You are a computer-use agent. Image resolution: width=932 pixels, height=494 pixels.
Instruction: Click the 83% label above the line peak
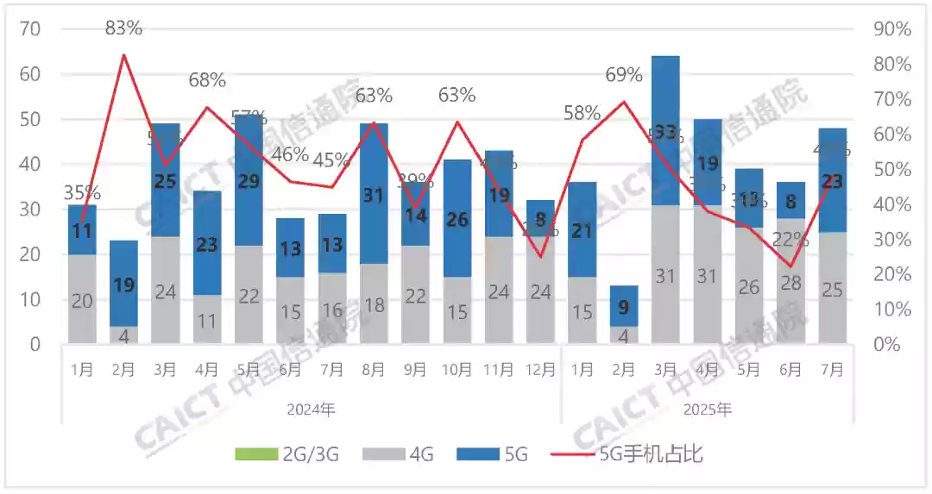(x=123, y=28)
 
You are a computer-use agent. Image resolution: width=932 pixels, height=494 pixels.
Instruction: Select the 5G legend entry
(x=504, y=453)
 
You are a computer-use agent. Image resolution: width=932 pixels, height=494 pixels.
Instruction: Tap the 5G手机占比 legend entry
(x=639, y=453)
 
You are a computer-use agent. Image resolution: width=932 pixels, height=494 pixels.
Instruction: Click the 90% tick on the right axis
(x=891, y=29)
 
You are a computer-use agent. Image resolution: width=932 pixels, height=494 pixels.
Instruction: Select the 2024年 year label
(x=311, y=410)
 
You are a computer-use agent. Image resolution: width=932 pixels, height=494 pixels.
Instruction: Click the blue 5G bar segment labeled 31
(x=373, y=196)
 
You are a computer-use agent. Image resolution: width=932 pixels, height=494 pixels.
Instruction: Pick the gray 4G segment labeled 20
(x=82, y=300)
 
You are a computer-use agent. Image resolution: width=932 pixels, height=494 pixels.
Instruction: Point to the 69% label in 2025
(x=624, y=75)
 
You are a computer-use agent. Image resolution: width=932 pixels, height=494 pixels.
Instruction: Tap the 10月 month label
(x=457, y=370)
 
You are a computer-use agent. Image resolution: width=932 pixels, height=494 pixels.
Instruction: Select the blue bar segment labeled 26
(x=457, y=219)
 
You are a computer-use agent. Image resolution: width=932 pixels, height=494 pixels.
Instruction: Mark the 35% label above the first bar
(x=82, y=192)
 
